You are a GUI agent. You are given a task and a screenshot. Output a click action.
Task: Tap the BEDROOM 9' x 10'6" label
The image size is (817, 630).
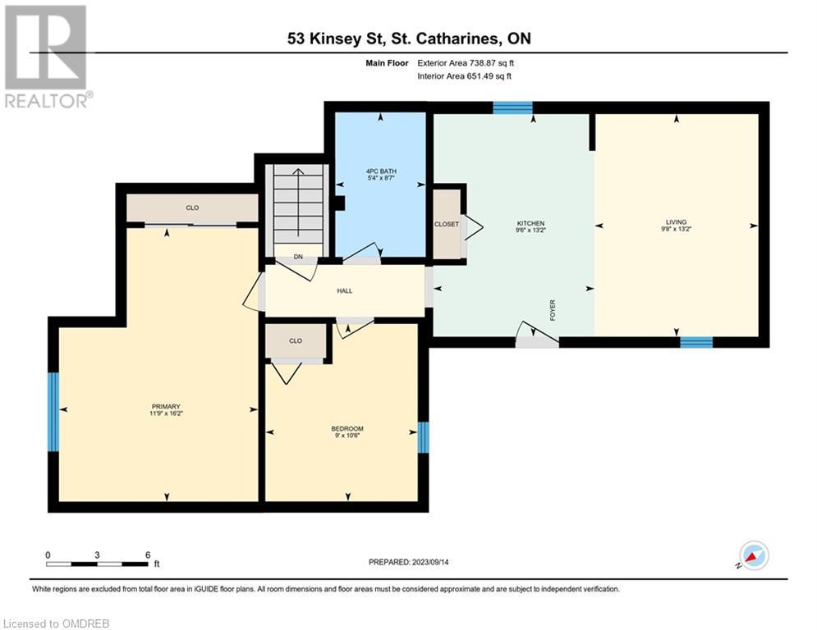(x=347, y=432)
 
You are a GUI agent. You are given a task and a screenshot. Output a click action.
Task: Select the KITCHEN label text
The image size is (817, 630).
(x=530, y=227)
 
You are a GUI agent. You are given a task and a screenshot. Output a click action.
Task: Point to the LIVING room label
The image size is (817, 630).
(x=676, y=226)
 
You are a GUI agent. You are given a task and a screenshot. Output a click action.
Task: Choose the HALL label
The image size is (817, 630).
(x=344, y=290)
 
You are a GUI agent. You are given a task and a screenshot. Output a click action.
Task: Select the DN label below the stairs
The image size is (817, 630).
(x=298, y=257)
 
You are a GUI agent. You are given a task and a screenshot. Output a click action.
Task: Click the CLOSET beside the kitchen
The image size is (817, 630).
(x=447, y=224)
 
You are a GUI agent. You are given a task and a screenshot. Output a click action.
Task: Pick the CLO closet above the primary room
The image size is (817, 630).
(x=192, y=208)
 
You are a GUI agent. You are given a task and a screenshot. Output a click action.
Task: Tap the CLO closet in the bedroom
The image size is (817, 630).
(x=296, y=341)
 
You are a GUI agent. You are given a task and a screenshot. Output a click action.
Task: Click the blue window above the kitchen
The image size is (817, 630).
(x=512, y=107)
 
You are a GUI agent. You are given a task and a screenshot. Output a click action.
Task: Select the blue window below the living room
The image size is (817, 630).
(x=695, y=342)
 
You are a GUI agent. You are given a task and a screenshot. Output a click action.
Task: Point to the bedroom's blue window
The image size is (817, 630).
(x=423, y=437)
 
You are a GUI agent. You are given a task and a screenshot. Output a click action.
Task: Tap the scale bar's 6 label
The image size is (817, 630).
(x=148, y=555)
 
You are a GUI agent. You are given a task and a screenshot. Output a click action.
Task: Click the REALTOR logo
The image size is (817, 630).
(x=47, y=57)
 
